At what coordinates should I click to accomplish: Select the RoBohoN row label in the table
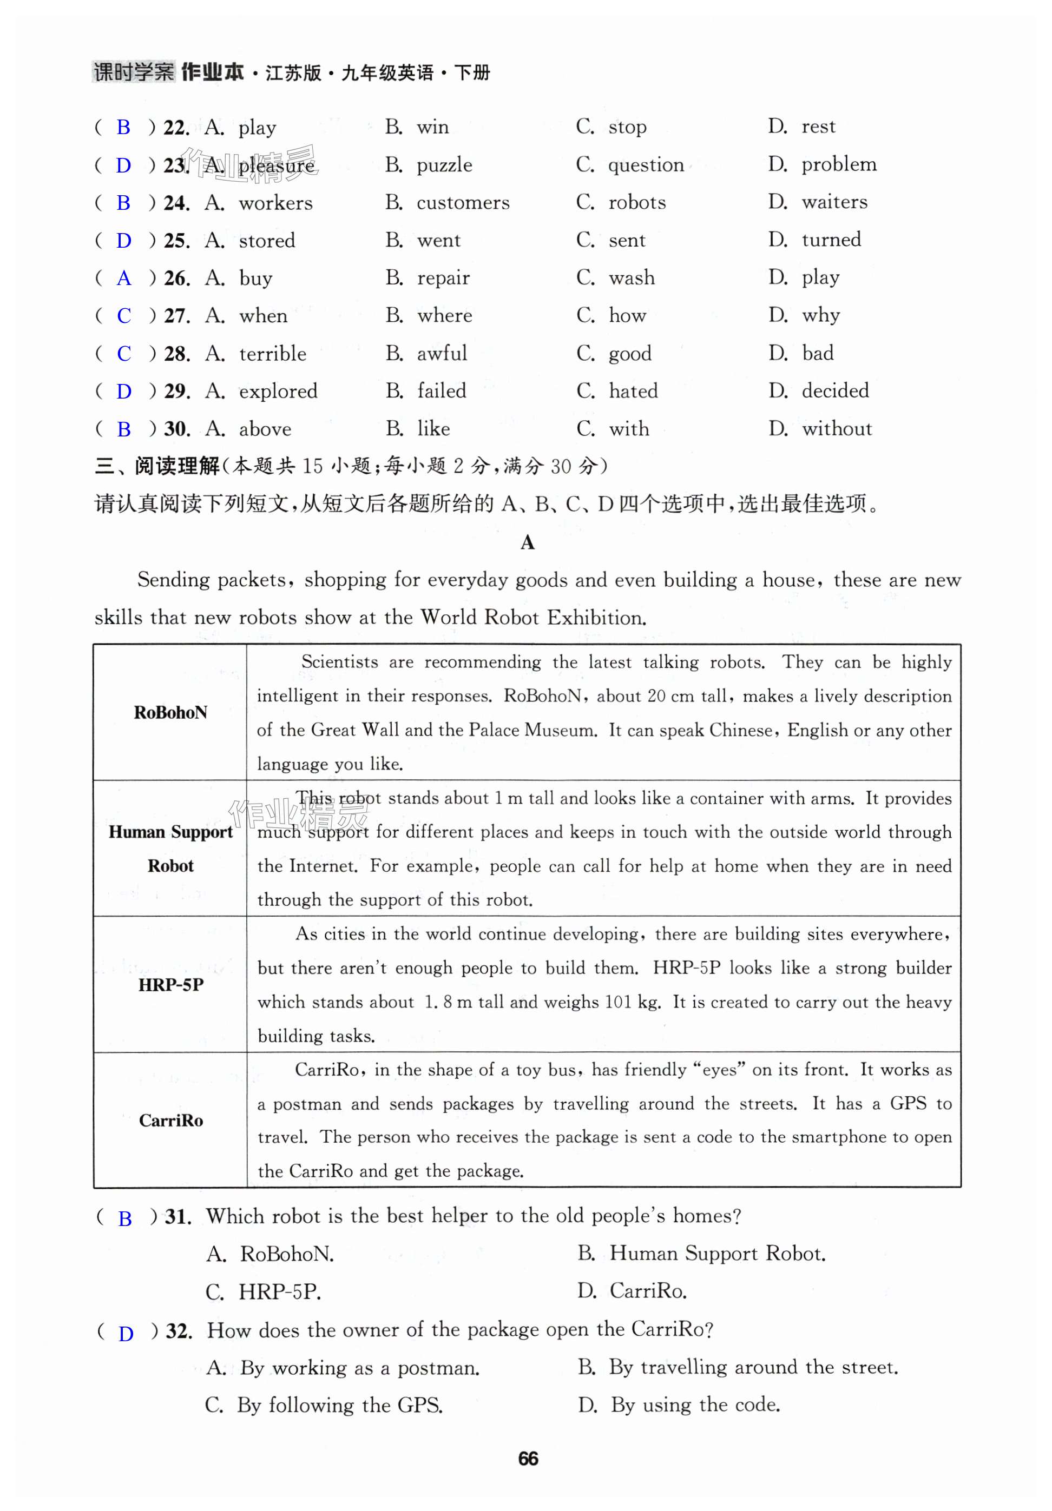(170, 712)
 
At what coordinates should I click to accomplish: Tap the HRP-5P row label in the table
(170, 984)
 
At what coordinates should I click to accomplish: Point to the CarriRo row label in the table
(170, 1120)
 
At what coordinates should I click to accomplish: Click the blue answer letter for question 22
(123, 127)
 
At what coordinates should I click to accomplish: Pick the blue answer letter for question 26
(123, 279)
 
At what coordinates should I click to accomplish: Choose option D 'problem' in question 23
(838, 164)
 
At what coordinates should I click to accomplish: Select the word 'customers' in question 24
(463, 203)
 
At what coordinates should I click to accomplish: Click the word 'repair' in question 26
(443, 279)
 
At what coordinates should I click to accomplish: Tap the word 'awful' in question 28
(442, 353)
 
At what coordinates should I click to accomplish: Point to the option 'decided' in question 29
(835, 391)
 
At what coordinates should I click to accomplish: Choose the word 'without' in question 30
(837, 429)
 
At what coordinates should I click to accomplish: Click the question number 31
(177, 1217)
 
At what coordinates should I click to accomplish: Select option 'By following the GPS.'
(339, 1405)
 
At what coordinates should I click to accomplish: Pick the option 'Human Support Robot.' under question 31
(718, 1253)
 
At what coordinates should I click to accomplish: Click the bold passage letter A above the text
(527, 542)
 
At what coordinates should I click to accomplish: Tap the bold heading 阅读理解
(176, 467)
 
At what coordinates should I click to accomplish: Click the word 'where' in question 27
(444, 316)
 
